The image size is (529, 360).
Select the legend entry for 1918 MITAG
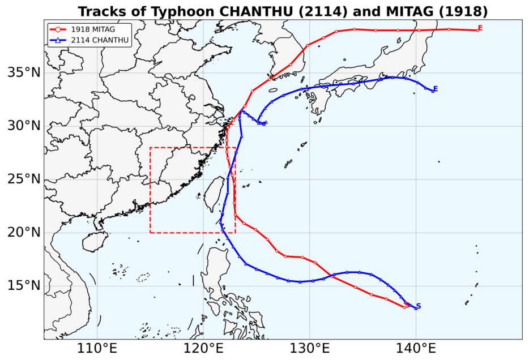pyautogui.click(x=83, y=29)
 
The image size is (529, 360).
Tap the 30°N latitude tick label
pyautogui.click(x=24, y=126)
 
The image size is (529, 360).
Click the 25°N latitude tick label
pyautogui.click(x=24, y=179)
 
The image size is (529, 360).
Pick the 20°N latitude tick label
pyautogui.click(x=24, y=233)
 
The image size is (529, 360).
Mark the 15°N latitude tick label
pyautogui.click(x=24, y=286)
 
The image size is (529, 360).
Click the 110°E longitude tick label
pyautogui.click(x=97, y=349)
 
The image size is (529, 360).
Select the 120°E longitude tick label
pyautogui.click(x=203, y=349)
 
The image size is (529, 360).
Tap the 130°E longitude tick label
pyautogui.click(x=310, y=349)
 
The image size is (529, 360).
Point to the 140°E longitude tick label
pyautogui.click(x=416, y=349)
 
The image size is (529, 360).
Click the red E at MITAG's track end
pyautogui.click(x=480, y=28)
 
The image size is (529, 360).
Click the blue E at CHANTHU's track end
pyautogui.click(x=435, y=89)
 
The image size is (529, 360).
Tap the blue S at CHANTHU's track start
pyautogui.click(x=419, y=306)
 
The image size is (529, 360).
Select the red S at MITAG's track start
pyautogui.click(x=407, y=305)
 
